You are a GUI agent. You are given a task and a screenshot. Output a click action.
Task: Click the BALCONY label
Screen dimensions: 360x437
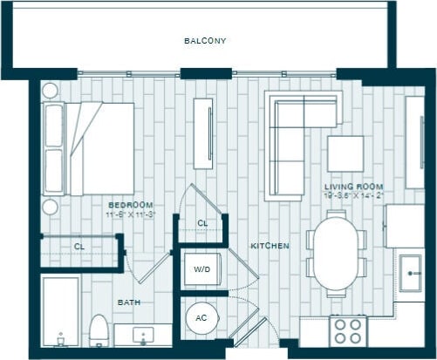205,41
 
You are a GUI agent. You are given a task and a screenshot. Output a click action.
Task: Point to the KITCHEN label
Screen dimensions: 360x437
270,247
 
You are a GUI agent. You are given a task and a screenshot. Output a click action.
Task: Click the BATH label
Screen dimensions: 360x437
129,302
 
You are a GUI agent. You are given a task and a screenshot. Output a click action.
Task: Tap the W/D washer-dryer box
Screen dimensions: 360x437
201,270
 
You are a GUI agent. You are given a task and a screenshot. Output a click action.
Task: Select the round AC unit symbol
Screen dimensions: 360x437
201,318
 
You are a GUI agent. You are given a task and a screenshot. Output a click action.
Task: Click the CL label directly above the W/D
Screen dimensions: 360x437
201,224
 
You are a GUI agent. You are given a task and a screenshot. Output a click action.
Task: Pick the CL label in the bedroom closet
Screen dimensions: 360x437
79,247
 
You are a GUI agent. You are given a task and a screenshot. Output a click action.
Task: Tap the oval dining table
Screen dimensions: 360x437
336,253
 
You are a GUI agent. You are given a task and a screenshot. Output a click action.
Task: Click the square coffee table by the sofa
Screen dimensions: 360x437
345,153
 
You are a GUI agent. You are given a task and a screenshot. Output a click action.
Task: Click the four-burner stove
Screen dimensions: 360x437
348,331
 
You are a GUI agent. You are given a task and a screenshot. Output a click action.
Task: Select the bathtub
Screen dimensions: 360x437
60,313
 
